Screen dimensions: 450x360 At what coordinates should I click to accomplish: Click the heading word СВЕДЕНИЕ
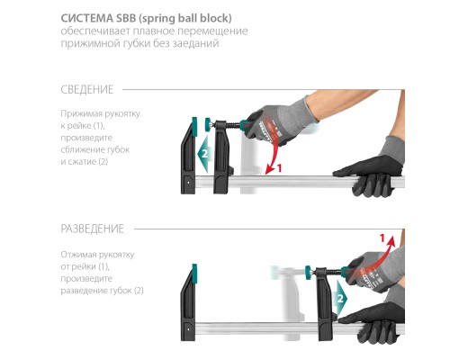click(87, 89)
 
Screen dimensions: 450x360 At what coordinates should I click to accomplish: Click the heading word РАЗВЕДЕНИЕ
click(92, 229)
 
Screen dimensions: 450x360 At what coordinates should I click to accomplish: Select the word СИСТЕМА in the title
click(86, 18)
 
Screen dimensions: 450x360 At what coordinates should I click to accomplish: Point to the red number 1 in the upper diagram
click(279, 168)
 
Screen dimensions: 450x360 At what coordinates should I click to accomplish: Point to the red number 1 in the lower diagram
click(382, 238)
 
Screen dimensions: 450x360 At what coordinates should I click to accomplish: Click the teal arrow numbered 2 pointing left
click(205, 154)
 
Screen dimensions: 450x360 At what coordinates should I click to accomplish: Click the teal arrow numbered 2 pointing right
click(340, 298)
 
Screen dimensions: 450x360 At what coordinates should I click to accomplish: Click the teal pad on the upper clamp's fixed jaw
click(194, 127)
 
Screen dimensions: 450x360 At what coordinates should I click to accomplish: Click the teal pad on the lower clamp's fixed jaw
click(194, 274)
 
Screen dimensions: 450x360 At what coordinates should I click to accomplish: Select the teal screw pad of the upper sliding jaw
click(208, 124)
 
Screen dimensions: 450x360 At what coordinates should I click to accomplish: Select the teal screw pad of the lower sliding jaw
click(308, 273)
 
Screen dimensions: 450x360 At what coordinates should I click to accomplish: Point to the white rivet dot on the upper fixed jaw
click(188, 182)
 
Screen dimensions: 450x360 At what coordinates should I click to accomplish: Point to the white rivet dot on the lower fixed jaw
click(188, 329)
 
